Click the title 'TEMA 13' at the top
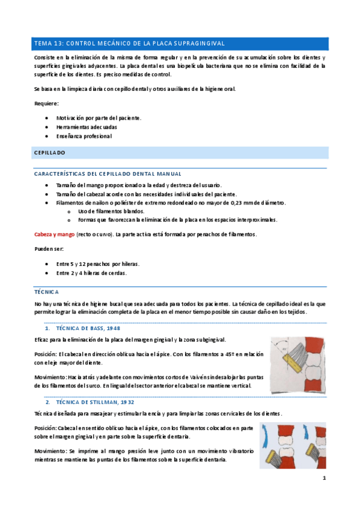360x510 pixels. [49, 44]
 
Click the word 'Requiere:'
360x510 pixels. [47, 104]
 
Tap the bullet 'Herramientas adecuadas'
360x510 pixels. [87, 127]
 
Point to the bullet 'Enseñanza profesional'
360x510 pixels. [84, 136]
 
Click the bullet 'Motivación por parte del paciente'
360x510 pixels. [99, 118]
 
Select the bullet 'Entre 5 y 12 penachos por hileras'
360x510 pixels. [98, 264]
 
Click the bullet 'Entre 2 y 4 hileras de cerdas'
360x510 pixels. [91, 273]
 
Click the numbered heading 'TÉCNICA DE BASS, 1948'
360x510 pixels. [88, 329]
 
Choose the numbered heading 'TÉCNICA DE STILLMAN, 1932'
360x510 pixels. [94, 401]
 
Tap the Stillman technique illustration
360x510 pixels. [293, 445]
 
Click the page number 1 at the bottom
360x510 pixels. [324, 479]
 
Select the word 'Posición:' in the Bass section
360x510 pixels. [46, 354]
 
